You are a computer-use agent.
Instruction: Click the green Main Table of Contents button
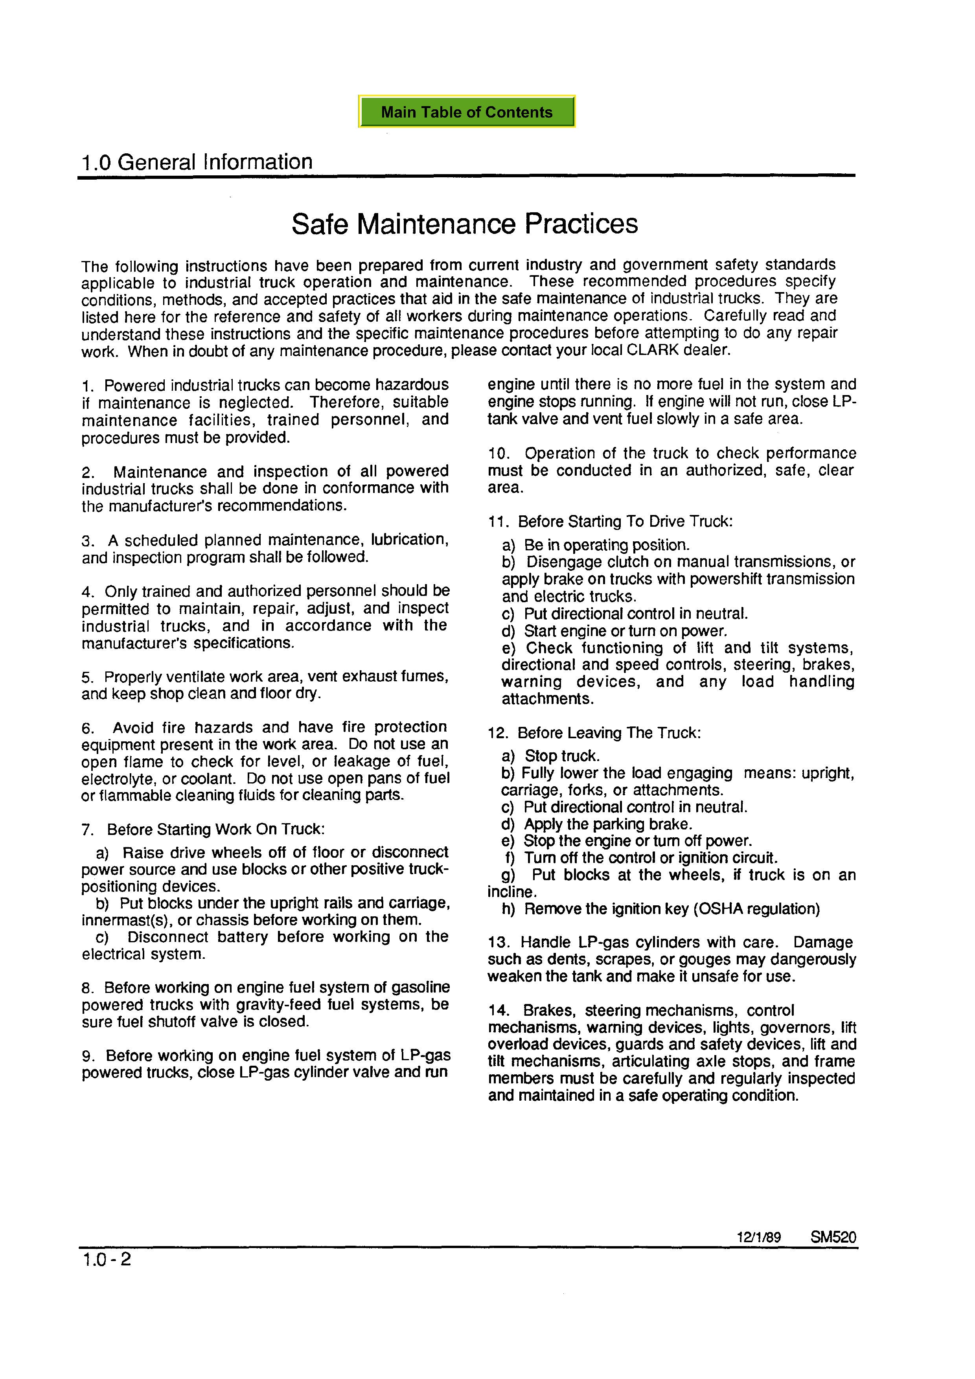pyautogui.click(x=466, y=112)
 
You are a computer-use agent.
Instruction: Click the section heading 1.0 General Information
pyautogui.click(x=197, y=162)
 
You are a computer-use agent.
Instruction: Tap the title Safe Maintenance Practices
pyautogui.click(x=464, y=224)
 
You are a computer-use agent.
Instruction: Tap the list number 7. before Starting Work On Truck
pyautogui.click(x=88, y=831)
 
